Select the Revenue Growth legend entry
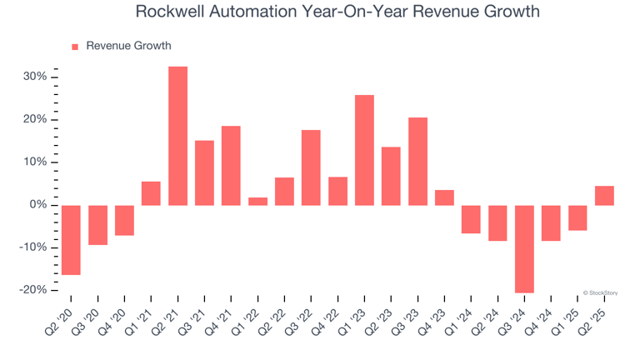(x=122, y=46)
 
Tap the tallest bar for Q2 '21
(x=177, y=136)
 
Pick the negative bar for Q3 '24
(x=524, y=248)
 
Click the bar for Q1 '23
(x=364, y=150)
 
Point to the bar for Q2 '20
(x=71, y=239)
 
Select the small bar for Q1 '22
(x=257, y=201)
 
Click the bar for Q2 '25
(x=604, y=195)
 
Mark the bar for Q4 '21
(x=231, y=165)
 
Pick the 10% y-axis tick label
(x=40, y=162)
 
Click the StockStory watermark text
(x=601, y=292)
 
